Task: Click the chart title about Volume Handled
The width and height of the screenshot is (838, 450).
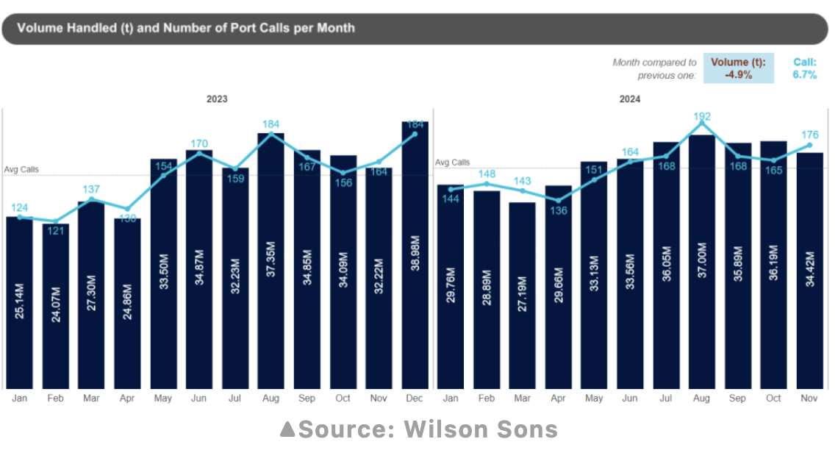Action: point(186,28)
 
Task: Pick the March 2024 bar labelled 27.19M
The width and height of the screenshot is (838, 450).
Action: point(522,294)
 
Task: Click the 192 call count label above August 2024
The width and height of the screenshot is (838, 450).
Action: point(702,116)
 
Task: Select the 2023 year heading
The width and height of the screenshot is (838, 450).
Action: point(217,99)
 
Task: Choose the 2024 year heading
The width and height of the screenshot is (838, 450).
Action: point(630,99)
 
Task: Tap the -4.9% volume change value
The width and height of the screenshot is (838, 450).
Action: point(738,74)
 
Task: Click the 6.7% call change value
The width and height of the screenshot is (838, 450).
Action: point(804,74)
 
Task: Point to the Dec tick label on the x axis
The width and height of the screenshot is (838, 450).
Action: point(415,398)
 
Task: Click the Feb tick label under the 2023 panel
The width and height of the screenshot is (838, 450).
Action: point(55,398)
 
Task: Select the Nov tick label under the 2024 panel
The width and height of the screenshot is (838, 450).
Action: point(809,398)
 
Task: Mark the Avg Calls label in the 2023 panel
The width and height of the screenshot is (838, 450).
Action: point(21,169)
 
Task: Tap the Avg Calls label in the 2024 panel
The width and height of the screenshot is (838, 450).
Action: point(452,162)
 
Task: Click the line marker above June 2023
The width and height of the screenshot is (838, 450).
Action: point(199,152)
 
